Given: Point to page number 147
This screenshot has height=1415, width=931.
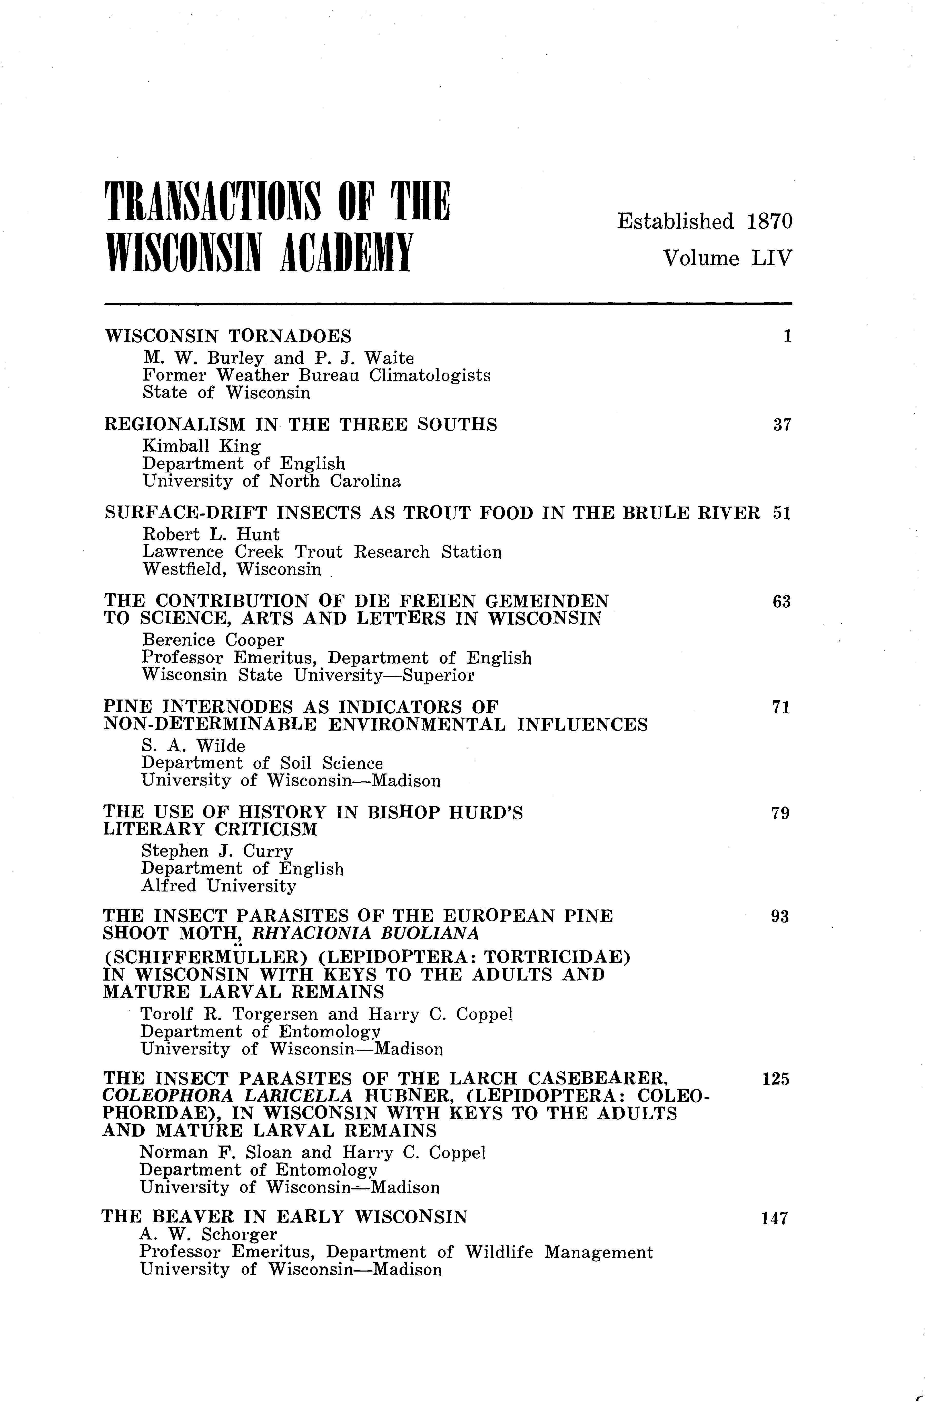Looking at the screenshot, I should pos(774,1231).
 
